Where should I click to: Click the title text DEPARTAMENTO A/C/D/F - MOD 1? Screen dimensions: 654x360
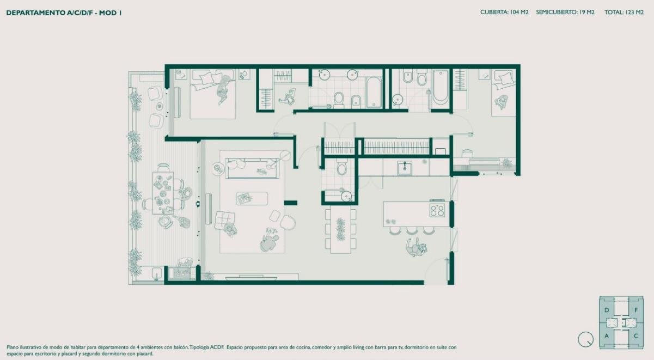tap(64, 13)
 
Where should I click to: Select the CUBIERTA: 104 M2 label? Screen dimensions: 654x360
tap(504, 13)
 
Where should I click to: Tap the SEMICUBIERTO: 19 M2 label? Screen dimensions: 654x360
tap(565, 13)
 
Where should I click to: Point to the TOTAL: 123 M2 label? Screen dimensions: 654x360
tap(624, 13)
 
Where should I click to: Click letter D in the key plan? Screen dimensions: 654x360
tap(607, 310)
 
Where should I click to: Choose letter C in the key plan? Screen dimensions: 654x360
tap(636, 336)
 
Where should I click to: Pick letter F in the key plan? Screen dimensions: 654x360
tap(636, 310)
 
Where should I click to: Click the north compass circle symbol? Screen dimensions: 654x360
tap(585, 339)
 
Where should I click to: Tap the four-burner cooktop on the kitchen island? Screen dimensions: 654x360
tap(437, 210)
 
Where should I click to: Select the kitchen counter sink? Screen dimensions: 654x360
tap(405, 168)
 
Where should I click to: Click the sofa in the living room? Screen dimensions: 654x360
tap(252, 168)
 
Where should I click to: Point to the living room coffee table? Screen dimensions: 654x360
tap(252, 198)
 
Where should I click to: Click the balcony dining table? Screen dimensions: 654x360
tap(163, 193)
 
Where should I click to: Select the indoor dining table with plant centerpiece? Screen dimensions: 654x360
tap(341, 229)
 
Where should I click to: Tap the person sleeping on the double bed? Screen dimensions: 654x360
tap(224, 89)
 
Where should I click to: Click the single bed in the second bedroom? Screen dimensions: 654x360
tap(503, 93)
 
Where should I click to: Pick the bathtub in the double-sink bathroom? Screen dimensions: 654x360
tap(374, 92)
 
